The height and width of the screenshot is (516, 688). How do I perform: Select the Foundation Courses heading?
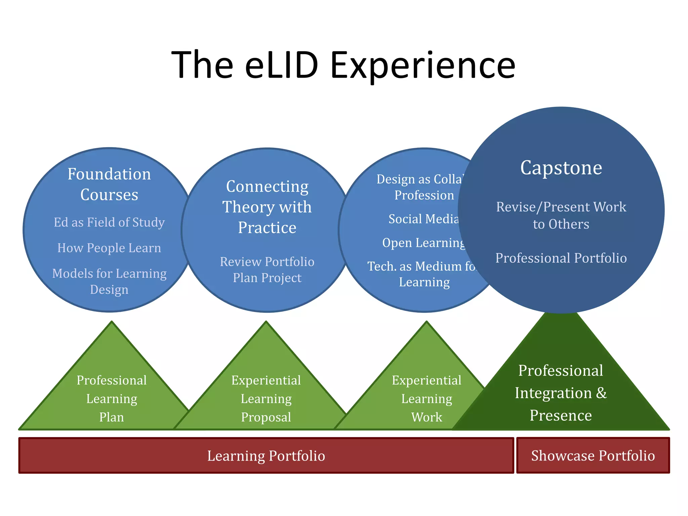(109, 184)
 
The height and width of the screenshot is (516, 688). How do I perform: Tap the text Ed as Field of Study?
(109, 222)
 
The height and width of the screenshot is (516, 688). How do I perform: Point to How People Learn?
(109, 248)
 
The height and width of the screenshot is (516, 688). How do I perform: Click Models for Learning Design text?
(109, 281)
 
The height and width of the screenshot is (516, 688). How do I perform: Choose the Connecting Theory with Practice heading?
(267, 207)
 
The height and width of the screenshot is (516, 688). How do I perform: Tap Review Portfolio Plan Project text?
(267, 270)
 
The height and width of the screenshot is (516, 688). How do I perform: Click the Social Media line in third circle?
(423, 219)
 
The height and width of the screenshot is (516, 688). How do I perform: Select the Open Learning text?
(423, 243)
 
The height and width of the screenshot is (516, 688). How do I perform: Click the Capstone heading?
(561, 168)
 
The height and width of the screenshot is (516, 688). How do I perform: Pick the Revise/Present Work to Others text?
(561, 215)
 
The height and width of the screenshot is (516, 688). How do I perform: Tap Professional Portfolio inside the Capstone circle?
(561, 258)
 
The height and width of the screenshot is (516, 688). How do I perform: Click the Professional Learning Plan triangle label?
(112, 398)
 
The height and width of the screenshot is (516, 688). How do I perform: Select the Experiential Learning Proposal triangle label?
(266, 398)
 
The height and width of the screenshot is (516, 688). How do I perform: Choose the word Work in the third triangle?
(427, 417)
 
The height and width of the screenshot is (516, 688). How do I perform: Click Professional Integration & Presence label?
(561, 393)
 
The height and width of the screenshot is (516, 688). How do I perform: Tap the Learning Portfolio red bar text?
(266, 456)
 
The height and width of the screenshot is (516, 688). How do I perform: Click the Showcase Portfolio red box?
(593, 456)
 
